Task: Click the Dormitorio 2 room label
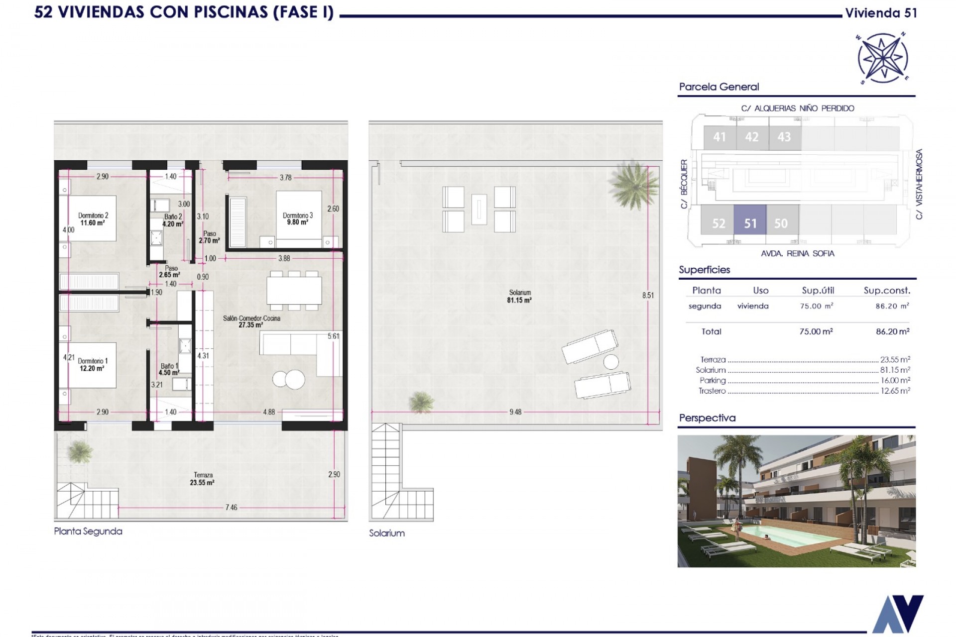click(93, 215)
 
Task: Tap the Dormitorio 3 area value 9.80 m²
click(297, 222)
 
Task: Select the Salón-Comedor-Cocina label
click(251, 318)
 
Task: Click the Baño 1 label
click(169, 366)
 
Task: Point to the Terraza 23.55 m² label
click(202, 479)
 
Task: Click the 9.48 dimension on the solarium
click(515, 412)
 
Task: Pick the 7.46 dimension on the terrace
click(231, 508)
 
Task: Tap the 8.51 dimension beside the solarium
click(648, 295)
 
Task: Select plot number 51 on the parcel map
click(750, 223)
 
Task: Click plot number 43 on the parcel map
click(784, 137)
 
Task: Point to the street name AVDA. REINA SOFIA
click(797, 253)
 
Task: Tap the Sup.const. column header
click(886, 290)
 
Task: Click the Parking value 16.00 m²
click(895, 380)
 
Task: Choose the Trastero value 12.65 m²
click(895, 391)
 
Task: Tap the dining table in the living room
click(294, 290)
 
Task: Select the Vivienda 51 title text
click(881, 13)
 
